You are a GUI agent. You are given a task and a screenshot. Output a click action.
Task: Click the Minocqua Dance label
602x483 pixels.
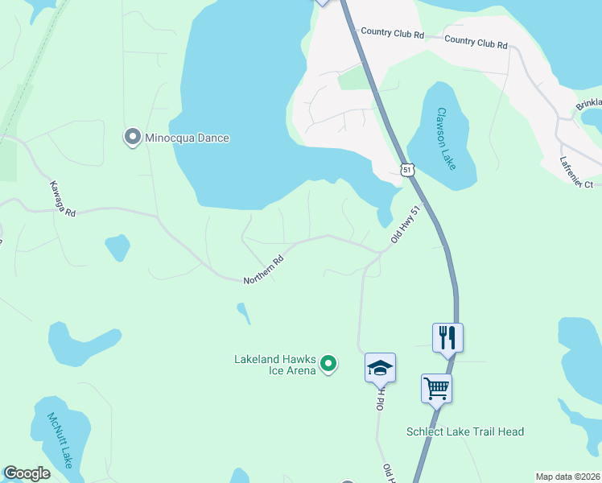187,138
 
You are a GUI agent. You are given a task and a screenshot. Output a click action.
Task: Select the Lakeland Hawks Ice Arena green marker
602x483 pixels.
328,365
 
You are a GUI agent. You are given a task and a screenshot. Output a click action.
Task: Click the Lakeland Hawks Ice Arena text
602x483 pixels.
274,365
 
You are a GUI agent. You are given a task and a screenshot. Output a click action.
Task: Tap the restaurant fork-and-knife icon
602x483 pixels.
448,336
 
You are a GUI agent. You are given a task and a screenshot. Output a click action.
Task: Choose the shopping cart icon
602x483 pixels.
436,388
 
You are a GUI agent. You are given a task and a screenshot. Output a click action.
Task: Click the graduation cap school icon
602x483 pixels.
380,368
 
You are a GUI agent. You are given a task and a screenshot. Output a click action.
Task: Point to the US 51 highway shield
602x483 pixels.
408,169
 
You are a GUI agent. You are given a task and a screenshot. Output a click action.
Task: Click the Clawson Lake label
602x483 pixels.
446,138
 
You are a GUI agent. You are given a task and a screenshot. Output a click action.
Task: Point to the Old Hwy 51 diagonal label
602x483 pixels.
406,225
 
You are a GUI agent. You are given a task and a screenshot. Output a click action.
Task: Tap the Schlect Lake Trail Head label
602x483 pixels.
464,431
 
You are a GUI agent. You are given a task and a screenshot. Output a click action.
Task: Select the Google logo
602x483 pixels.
27,473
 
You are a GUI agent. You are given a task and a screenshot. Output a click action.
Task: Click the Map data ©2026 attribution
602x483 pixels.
567,477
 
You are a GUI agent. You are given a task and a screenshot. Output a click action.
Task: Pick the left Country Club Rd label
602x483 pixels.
392,33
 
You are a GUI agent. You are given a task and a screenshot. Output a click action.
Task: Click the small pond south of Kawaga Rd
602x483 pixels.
118,247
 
